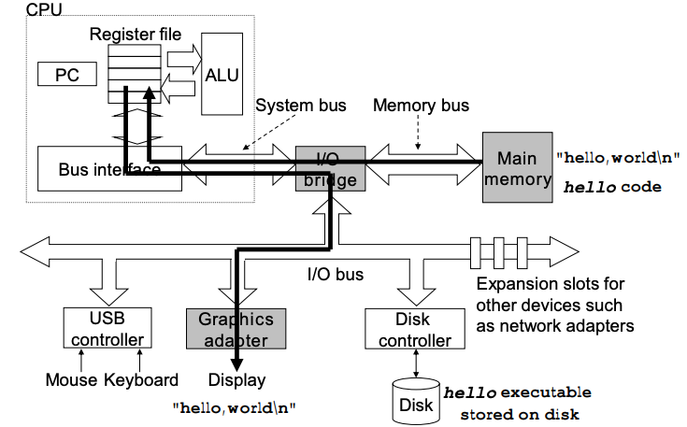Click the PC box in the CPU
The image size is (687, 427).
[67, 73]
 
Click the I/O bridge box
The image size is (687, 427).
[330, 169]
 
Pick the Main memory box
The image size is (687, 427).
[517, 168]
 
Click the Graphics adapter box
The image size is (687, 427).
[236, 330]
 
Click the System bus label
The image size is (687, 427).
[299, 106]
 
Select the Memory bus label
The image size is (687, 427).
[421, 106]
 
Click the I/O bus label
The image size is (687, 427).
[336, 275]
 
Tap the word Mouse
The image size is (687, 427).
[71, 379]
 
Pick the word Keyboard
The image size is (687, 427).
[142, 379]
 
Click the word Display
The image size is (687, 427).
[236, 379]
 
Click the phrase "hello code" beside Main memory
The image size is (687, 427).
[612, 187]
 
